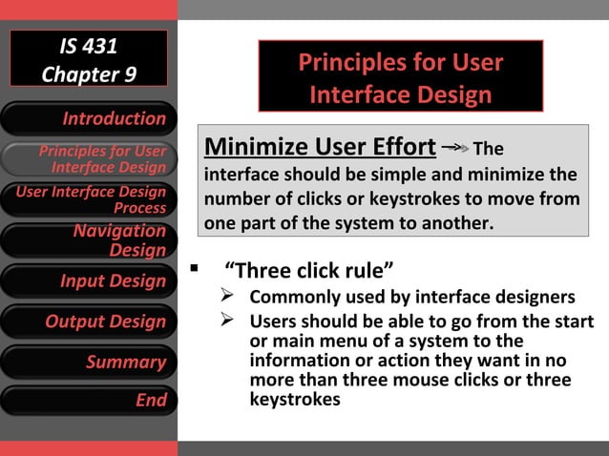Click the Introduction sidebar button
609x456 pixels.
click(x=89, y=118)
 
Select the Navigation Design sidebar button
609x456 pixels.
click(x=89, y=240)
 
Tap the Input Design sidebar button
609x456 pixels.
click(x=89, y=281)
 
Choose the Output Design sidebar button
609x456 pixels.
click(x=89, y=321)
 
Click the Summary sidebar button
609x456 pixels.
click(x=89, y=362)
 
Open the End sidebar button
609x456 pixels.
click(x=89, y=401)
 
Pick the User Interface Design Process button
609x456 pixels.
click(x=89, y=199)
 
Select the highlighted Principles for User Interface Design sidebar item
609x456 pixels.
click(x=89, y=159)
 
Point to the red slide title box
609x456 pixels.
click(x=400, y=77)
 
